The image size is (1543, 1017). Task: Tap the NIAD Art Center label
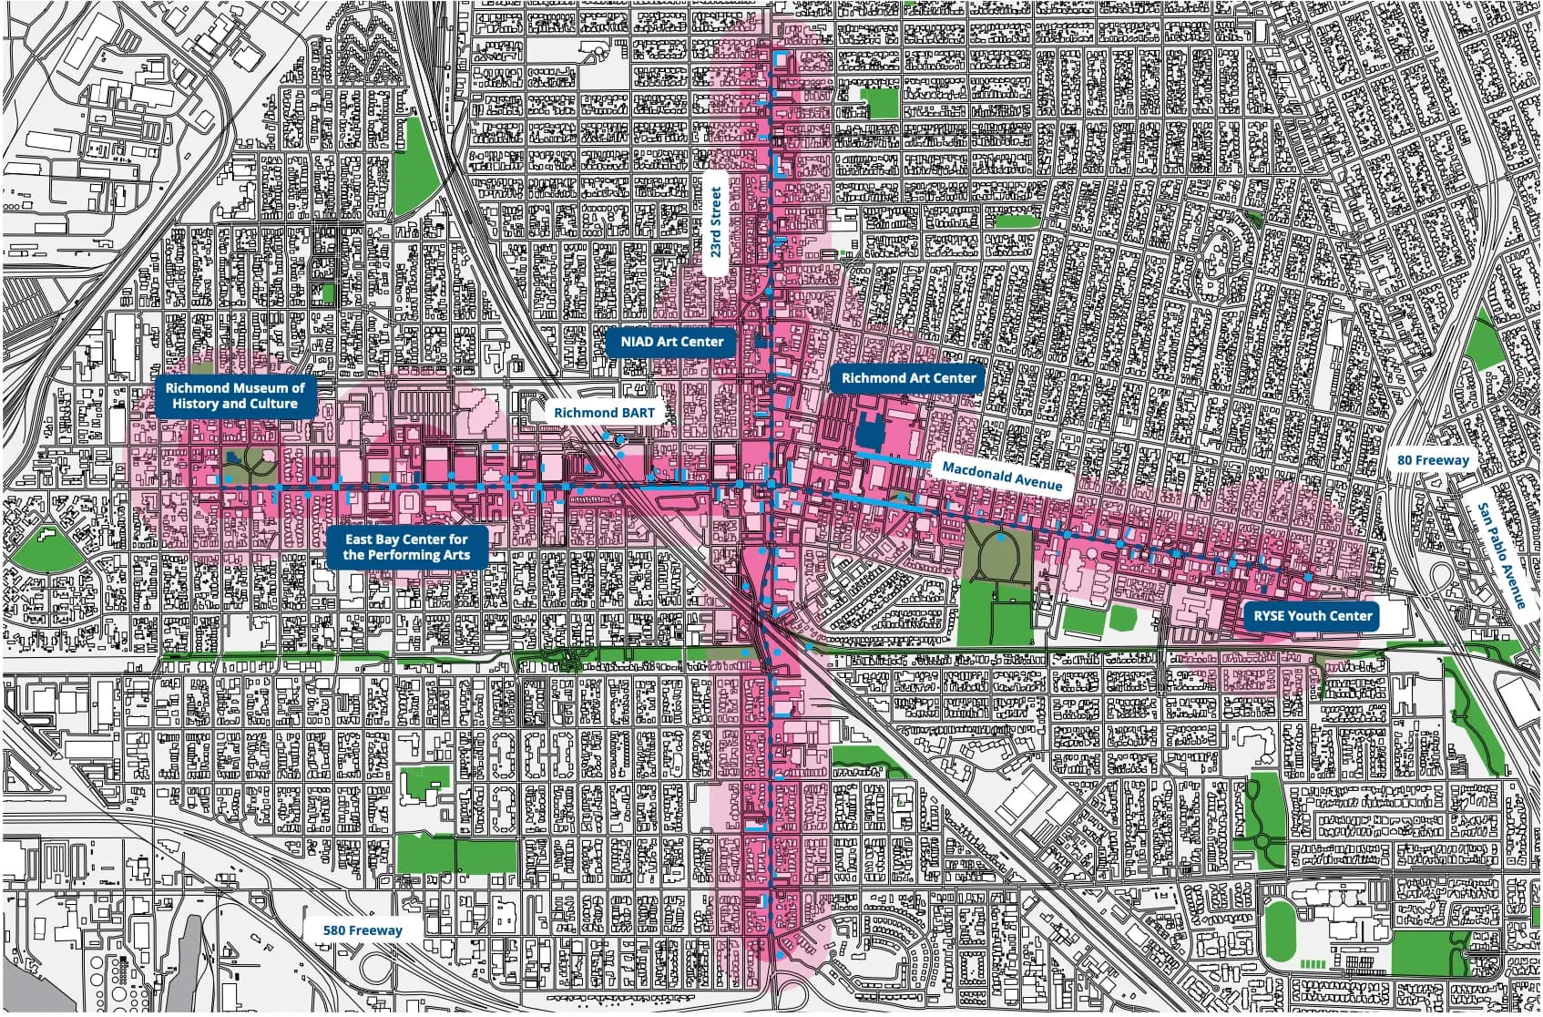[x=671, y=342]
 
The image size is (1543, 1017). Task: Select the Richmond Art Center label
[x=907, y=377]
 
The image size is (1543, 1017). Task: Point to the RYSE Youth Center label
[x=1312, y=616]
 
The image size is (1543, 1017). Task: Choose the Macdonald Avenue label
[x=1002, y=475]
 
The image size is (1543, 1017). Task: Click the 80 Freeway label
[x=1433, y=460]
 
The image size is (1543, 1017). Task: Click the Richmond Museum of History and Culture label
[x=234, y=395]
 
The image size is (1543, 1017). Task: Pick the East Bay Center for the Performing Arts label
[x=406, y=548]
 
